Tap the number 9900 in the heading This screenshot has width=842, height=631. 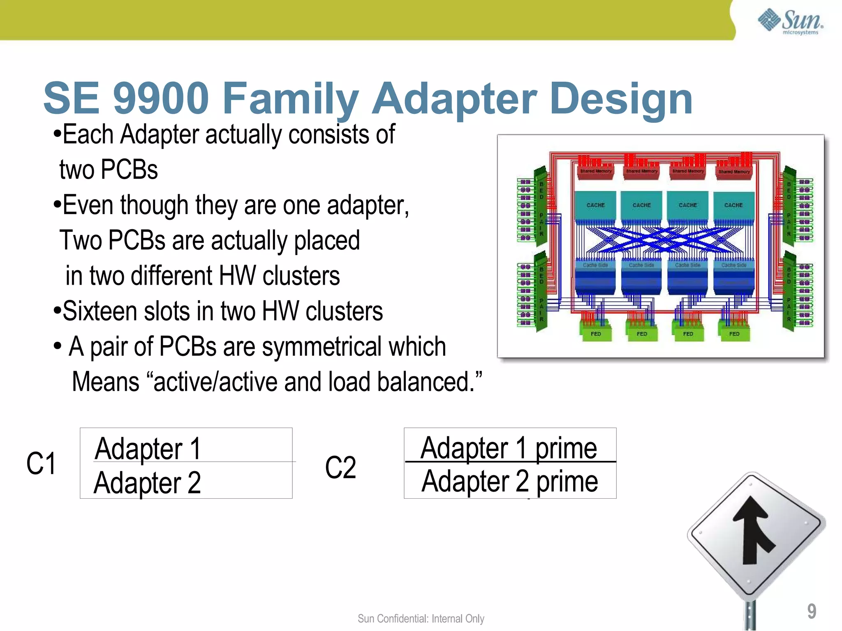tap(161, 98)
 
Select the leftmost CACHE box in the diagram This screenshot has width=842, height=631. tap(595, 205)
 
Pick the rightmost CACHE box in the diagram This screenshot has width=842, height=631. tap(733, 205)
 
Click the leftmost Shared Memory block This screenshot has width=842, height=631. tap(596, 171)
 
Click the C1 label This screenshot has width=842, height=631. tap(41, 463)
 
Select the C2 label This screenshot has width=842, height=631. tap(340, 467)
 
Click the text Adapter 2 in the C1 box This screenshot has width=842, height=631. tap(147, 483)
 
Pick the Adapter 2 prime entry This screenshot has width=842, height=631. tap(509, 481)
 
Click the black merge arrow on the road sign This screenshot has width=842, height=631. tap(754, 530)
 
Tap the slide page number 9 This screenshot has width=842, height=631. tap(811, 611)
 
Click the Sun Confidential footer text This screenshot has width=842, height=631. tap(421, 618)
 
